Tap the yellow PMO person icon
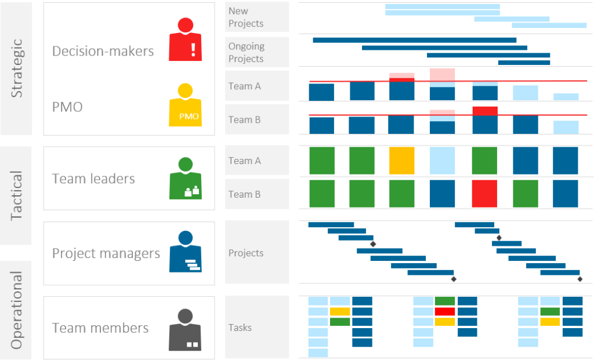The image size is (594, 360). (185, 106)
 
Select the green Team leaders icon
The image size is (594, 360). (185, 179)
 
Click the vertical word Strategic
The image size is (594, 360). (17, 68)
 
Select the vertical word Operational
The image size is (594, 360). (17, 310)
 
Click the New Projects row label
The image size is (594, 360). (246, 17)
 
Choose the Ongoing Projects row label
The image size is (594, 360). (246, 52)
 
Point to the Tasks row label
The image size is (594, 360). (240, 328)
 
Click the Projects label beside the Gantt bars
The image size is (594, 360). (246, 253)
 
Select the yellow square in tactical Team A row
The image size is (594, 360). (402, 161)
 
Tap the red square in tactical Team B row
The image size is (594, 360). (484, 194)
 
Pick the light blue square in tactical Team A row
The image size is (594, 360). (442, 161)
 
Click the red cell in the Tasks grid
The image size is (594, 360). (445, 311)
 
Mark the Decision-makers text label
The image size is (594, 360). (103, 51)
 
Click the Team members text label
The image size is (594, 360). (100, 328)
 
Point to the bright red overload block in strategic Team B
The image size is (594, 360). (484, 110)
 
